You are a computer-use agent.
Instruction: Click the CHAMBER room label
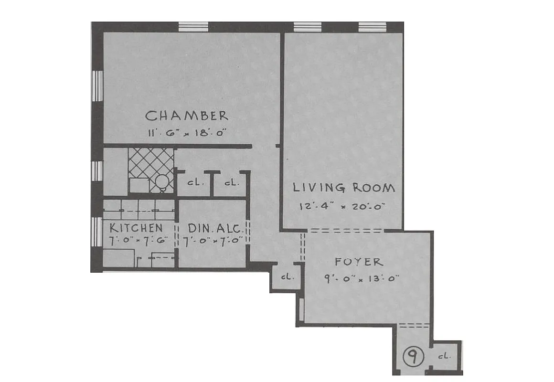click(x=186, y=116)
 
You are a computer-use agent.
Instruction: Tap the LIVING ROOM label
click(x=343, y=188)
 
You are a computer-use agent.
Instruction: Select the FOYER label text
click(x=358, y=262)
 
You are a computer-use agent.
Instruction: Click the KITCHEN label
click(x=136, y=228)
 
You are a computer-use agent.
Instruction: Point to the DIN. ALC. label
click(x=212, y=228)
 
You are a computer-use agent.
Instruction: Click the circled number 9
click(x=412, y=356)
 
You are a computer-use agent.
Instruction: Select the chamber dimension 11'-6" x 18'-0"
click(x=186, y=133)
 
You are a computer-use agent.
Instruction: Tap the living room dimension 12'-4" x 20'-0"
click(x=342, y=206)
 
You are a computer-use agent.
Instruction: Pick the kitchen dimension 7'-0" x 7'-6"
click(x=136, y=241)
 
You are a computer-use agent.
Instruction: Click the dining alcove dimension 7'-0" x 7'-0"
click(x=212, y=241)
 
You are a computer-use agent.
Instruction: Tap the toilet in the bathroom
click(x=163, y=182)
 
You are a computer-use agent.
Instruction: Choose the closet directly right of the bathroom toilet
click(x=193, y=183)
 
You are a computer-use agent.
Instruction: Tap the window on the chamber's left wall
click(x=97, y=86)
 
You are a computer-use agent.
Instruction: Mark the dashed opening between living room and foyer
click(x=345, y=231)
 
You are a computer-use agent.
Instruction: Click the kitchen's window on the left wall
click(x=97, y=232)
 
